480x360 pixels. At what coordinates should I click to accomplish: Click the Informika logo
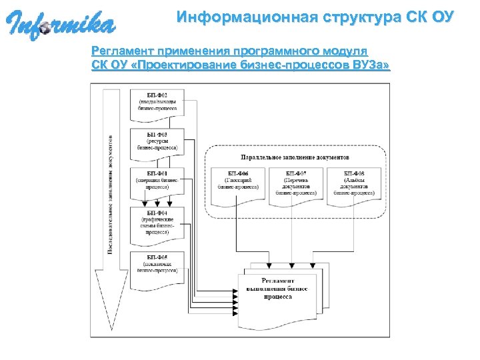(x=60, y=25)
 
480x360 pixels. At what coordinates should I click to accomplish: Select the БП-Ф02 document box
(x=157, y=103)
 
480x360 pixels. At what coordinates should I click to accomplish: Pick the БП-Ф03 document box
(x=157, y=142)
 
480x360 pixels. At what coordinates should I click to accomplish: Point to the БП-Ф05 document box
(x=157, y=264)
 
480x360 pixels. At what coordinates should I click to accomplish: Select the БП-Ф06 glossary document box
(x=238, y=181)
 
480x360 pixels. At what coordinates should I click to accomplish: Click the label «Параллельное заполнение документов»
(x=295, y=159)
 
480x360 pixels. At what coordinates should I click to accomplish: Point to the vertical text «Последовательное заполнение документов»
(x=110, y=193)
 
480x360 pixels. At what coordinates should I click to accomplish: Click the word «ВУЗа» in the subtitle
(x=369, y=65)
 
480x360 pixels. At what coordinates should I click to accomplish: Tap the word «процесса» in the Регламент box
(x=277, y=298)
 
